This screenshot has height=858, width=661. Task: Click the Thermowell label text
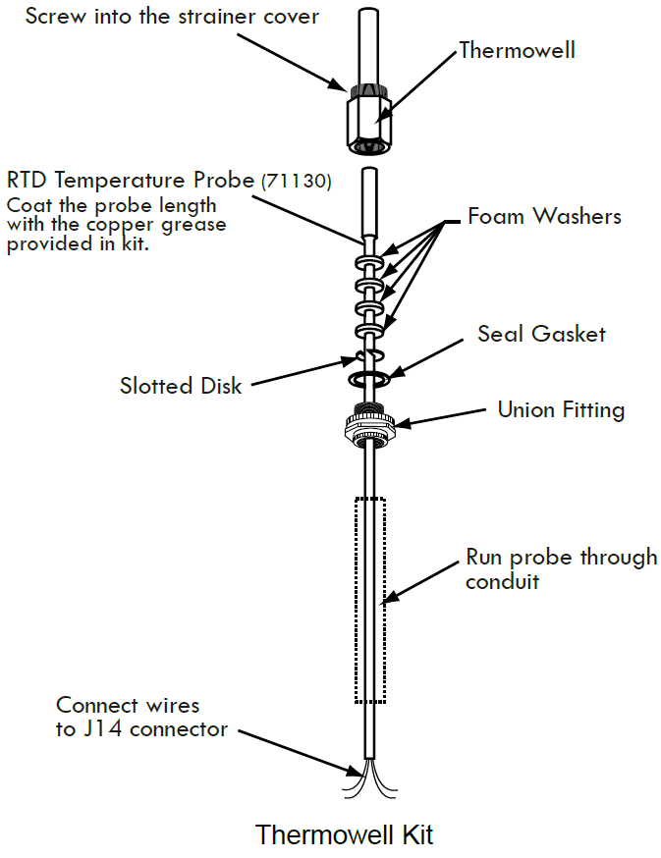[517, 50]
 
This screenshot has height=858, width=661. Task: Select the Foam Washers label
[544, 216]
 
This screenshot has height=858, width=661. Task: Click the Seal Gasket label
[541, 334]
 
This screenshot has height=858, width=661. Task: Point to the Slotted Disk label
[181, 386]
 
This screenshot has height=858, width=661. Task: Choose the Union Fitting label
[561, 408]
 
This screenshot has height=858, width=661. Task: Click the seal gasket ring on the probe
[369, 376]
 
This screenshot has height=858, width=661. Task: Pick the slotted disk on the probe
[368, 354]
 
